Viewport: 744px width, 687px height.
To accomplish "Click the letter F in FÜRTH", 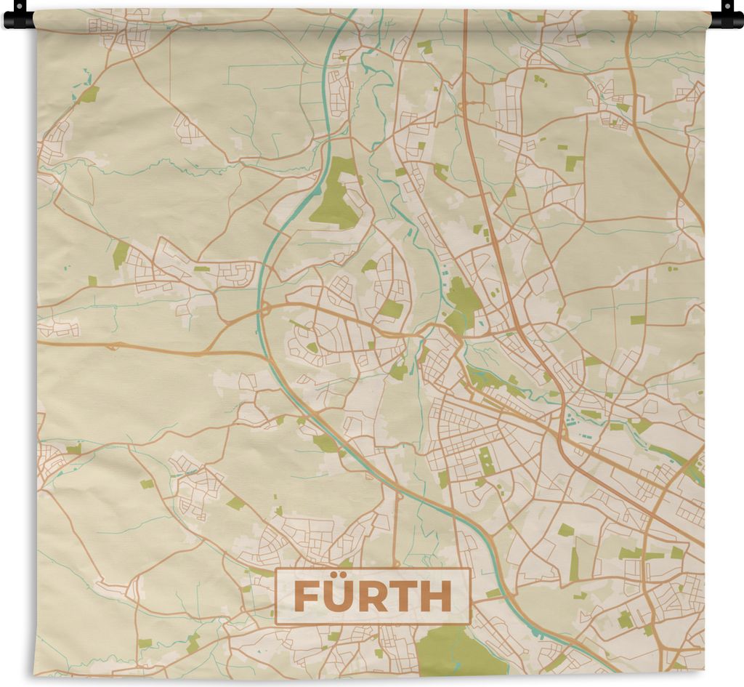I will click(x=305, y=598).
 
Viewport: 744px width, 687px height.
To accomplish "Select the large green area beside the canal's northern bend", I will click(x=336, y=195).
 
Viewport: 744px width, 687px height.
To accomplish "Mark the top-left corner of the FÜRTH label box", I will click(x=276, y=569).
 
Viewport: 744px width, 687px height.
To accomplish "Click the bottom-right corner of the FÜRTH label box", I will click(x=470, y=624).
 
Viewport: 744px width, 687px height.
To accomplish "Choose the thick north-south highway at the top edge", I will click(x=464, y=15).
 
